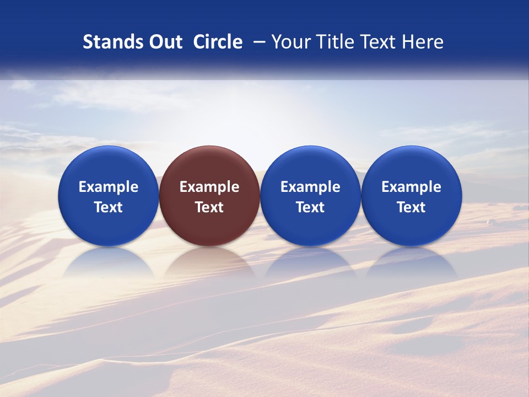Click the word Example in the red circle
[x=209, y=187]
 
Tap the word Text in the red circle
[x=209, y=207]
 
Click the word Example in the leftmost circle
[x=109, y=187]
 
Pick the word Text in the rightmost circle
[x=412, y=207]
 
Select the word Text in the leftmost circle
[x=109, y=207]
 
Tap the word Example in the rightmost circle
[x=412, y=187]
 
